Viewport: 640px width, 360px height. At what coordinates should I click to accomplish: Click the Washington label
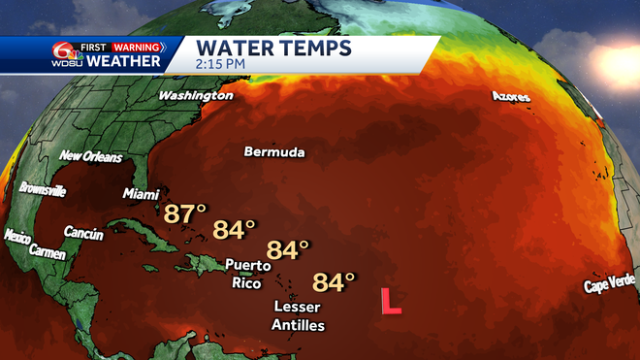[x=195, y=96]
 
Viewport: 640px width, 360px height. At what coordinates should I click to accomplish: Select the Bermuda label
[x=274, y=153]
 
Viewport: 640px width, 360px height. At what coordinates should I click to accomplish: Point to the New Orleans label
[x=90, y=156]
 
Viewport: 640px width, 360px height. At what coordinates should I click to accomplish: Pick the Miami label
[x=141, y=194]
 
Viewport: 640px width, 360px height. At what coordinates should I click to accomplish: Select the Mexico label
[x=17, y=236]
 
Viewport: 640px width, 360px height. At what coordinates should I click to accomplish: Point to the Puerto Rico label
[x=246, y=274]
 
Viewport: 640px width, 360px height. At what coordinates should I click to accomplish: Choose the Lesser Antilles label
[x=298, y=316]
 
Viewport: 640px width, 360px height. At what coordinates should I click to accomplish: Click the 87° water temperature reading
[x=185, y=213]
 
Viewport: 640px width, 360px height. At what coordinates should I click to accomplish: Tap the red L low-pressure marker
[x=391, y=301]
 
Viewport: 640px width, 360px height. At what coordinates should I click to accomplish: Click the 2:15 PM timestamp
[x=220, y=64]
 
